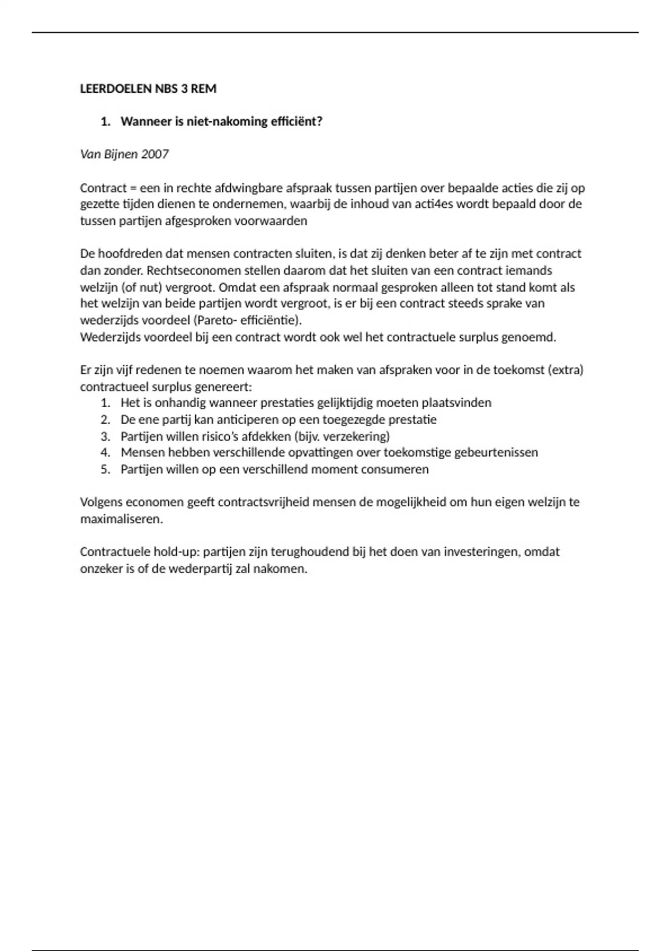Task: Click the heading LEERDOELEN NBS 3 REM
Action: pyautogui.click(x=148, y=89)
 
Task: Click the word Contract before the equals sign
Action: pyautogui.click(x=103, y=188)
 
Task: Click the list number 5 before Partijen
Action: pyautogui.click(x=105, y=469)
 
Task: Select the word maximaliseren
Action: pyautogui.click(x=121, y=519)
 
